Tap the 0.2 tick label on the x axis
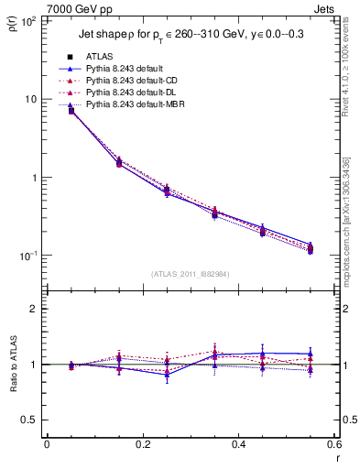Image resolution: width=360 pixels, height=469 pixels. click(x=142, y=445)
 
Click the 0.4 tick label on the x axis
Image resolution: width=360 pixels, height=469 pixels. click(x=237, y=445)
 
